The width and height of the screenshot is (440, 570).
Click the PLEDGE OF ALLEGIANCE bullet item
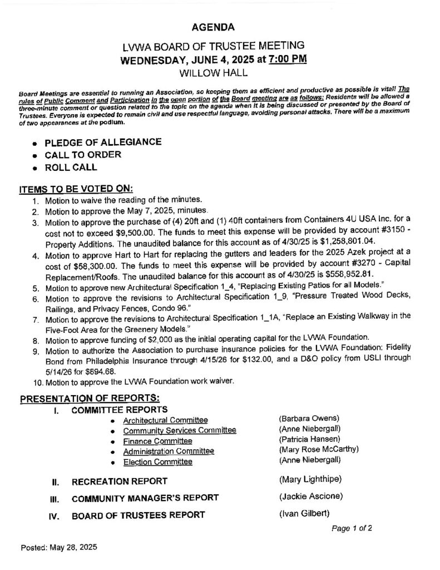click(x=103, y=142)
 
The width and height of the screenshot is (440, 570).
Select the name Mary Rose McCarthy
click(x=318, y=450)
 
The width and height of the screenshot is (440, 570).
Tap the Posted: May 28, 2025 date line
click(x=59, y=547)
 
